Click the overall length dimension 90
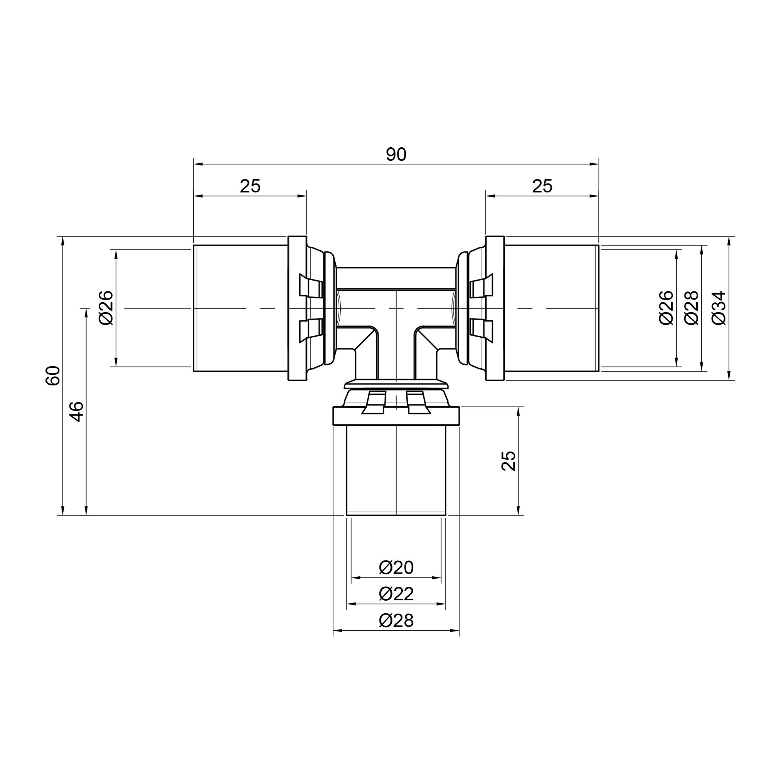[396, 155]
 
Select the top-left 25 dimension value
[250, 186]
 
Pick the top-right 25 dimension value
[542, 186]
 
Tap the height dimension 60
[53, 375]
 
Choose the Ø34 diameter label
[719, 308]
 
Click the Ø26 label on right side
[666, 308]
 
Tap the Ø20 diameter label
[396, 567]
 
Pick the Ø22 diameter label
[396, 594]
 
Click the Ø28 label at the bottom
[396, 621]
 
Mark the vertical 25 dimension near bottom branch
[508, 461]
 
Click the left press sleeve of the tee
[241, 308]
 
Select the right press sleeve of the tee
[552, 308]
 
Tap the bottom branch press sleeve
[396, 471]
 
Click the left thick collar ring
[297, 308]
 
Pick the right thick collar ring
[495, 308]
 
